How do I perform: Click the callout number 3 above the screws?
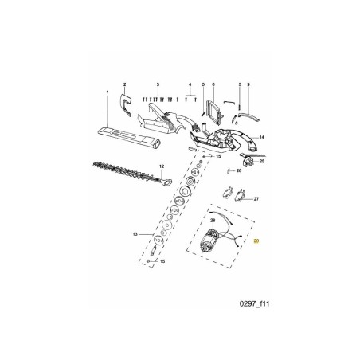tap(158, 84)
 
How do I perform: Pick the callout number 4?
tap(190, 84)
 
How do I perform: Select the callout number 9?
tap(248, 84)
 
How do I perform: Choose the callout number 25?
tap(262, 161)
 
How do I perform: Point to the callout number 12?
tap(161, 166)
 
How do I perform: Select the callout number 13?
tap(135, 233)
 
